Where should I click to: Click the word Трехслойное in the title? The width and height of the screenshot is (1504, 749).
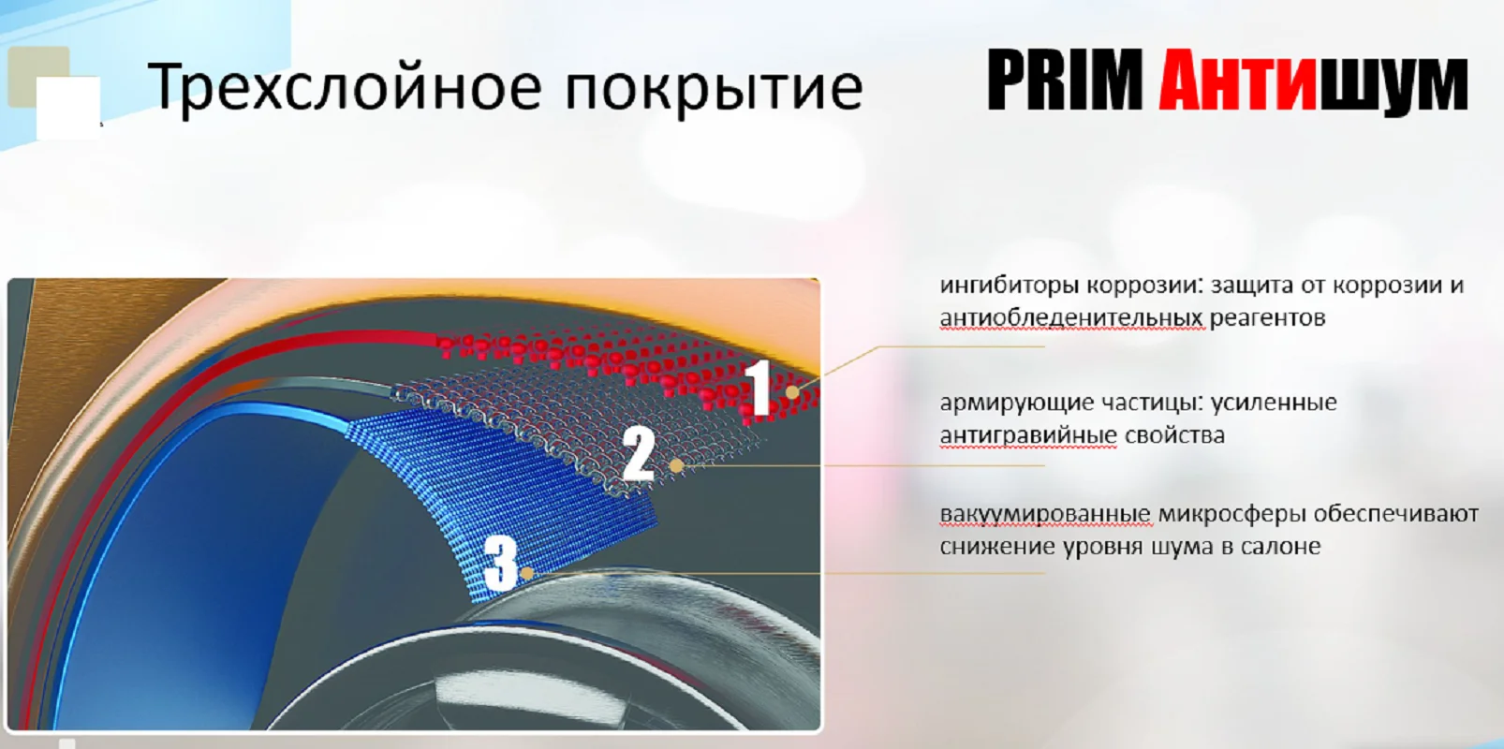pos(345,86)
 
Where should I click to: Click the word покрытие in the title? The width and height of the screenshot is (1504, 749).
pos(714,88)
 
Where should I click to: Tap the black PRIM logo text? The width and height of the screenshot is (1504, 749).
pos(1065,80)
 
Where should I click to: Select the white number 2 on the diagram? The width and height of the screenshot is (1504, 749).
pos(639,453)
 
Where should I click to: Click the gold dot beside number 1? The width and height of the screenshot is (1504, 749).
pos(792,392)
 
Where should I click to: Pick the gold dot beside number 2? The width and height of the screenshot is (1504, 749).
pos(677,465)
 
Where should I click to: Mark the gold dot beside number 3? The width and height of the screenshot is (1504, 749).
pos(528,574)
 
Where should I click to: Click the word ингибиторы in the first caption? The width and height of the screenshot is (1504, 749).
pos(1010,286)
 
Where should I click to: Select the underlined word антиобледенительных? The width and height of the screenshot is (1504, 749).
pos(1072,317)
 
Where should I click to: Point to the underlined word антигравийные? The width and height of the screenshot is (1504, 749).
pos(1028,435)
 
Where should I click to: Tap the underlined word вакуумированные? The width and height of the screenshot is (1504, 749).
pos(1045,515)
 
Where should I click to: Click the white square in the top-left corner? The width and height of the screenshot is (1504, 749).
pos(68,108)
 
